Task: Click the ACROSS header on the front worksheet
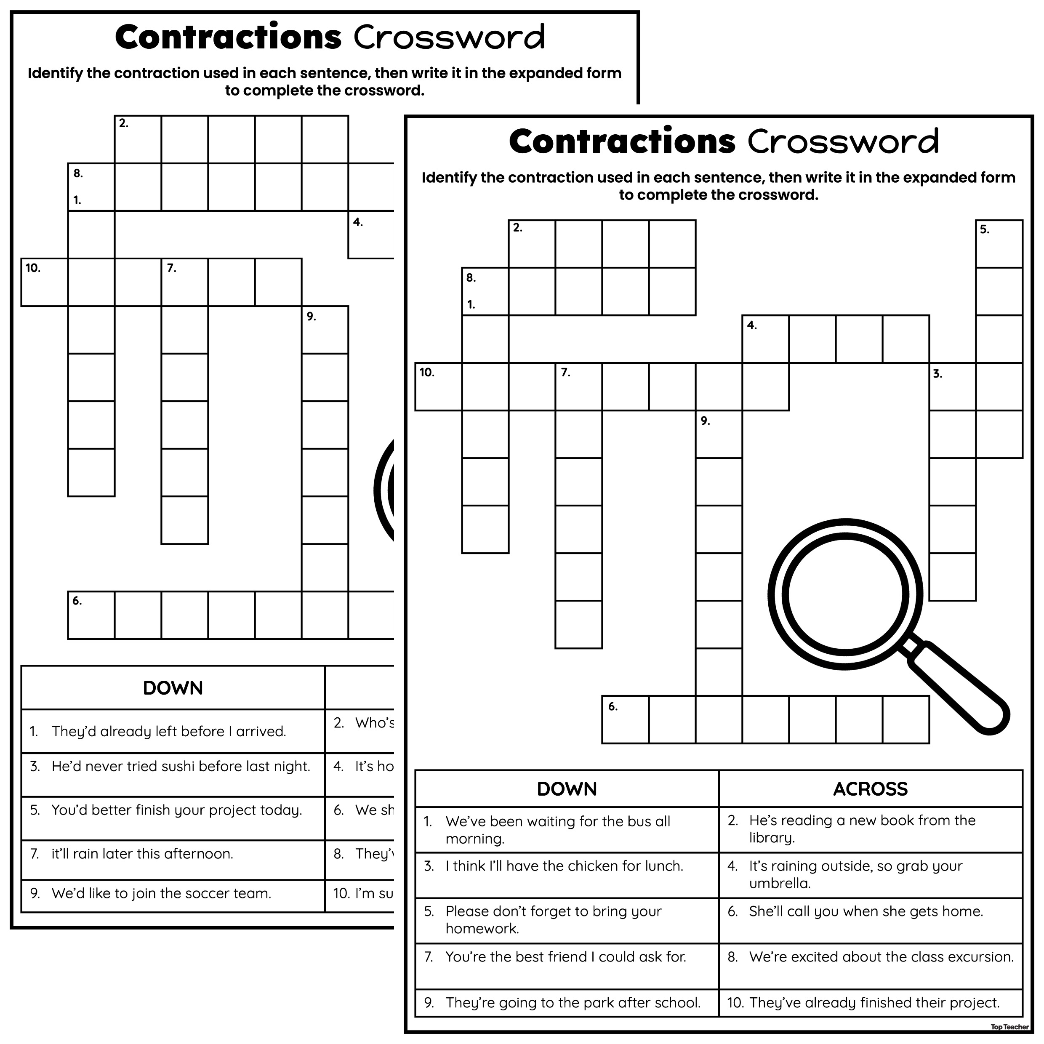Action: (x=870, y=789)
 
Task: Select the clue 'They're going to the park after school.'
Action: (x=573, y=1003)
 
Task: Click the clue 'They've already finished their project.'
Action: (x=874, y=1003)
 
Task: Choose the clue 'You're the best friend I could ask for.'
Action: (x=566, y=957)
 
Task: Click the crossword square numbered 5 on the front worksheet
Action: (x=999, y=244)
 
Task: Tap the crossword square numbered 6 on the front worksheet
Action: (x=626, y=720)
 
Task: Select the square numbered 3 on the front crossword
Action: (x=953, y=386)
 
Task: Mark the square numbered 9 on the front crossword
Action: (x=719, y=434)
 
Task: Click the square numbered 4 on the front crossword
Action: (x=766, y=339)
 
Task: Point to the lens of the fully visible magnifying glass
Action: (x=845, y=594)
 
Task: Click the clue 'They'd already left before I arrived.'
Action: (x=168, y=732)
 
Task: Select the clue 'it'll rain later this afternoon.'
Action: (x=142, y=854)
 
